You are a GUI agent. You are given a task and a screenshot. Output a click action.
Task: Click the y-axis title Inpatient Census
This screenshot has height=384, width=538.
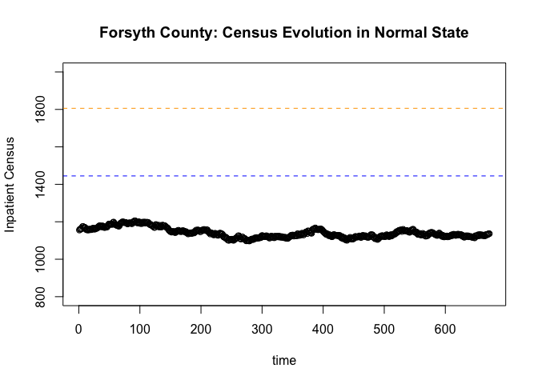click(10, 184)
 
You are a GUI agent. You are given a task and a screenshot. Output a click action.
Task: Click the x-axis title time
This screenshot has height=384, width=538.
click(284, 361)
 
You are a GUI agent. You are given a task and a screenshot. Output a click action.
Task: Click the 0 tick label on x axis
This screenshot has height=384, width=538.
click(78, 329)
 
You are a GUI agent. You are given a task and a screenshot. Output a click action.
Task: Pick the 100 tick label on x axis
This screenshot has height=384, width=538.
click(139, 329)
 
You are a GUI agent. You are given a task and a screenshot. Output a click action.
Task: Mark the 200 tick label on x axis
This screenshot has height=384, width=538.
click(201, 329)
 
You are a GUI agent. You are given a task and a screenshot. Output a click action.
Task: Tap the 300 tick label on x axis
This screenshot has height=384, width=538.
click(262, 329)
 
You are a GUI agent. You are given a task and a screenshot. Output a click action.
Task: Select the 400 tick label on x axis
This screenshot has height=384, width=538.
click(323, 329)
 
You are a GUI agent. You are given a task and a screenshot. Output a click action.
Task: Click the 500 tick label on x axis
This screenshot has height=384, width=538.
click(384, 329)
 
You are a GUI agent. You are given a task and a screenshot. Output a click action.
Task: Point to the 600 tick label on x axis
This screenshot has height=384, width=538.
click(445, 329)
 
